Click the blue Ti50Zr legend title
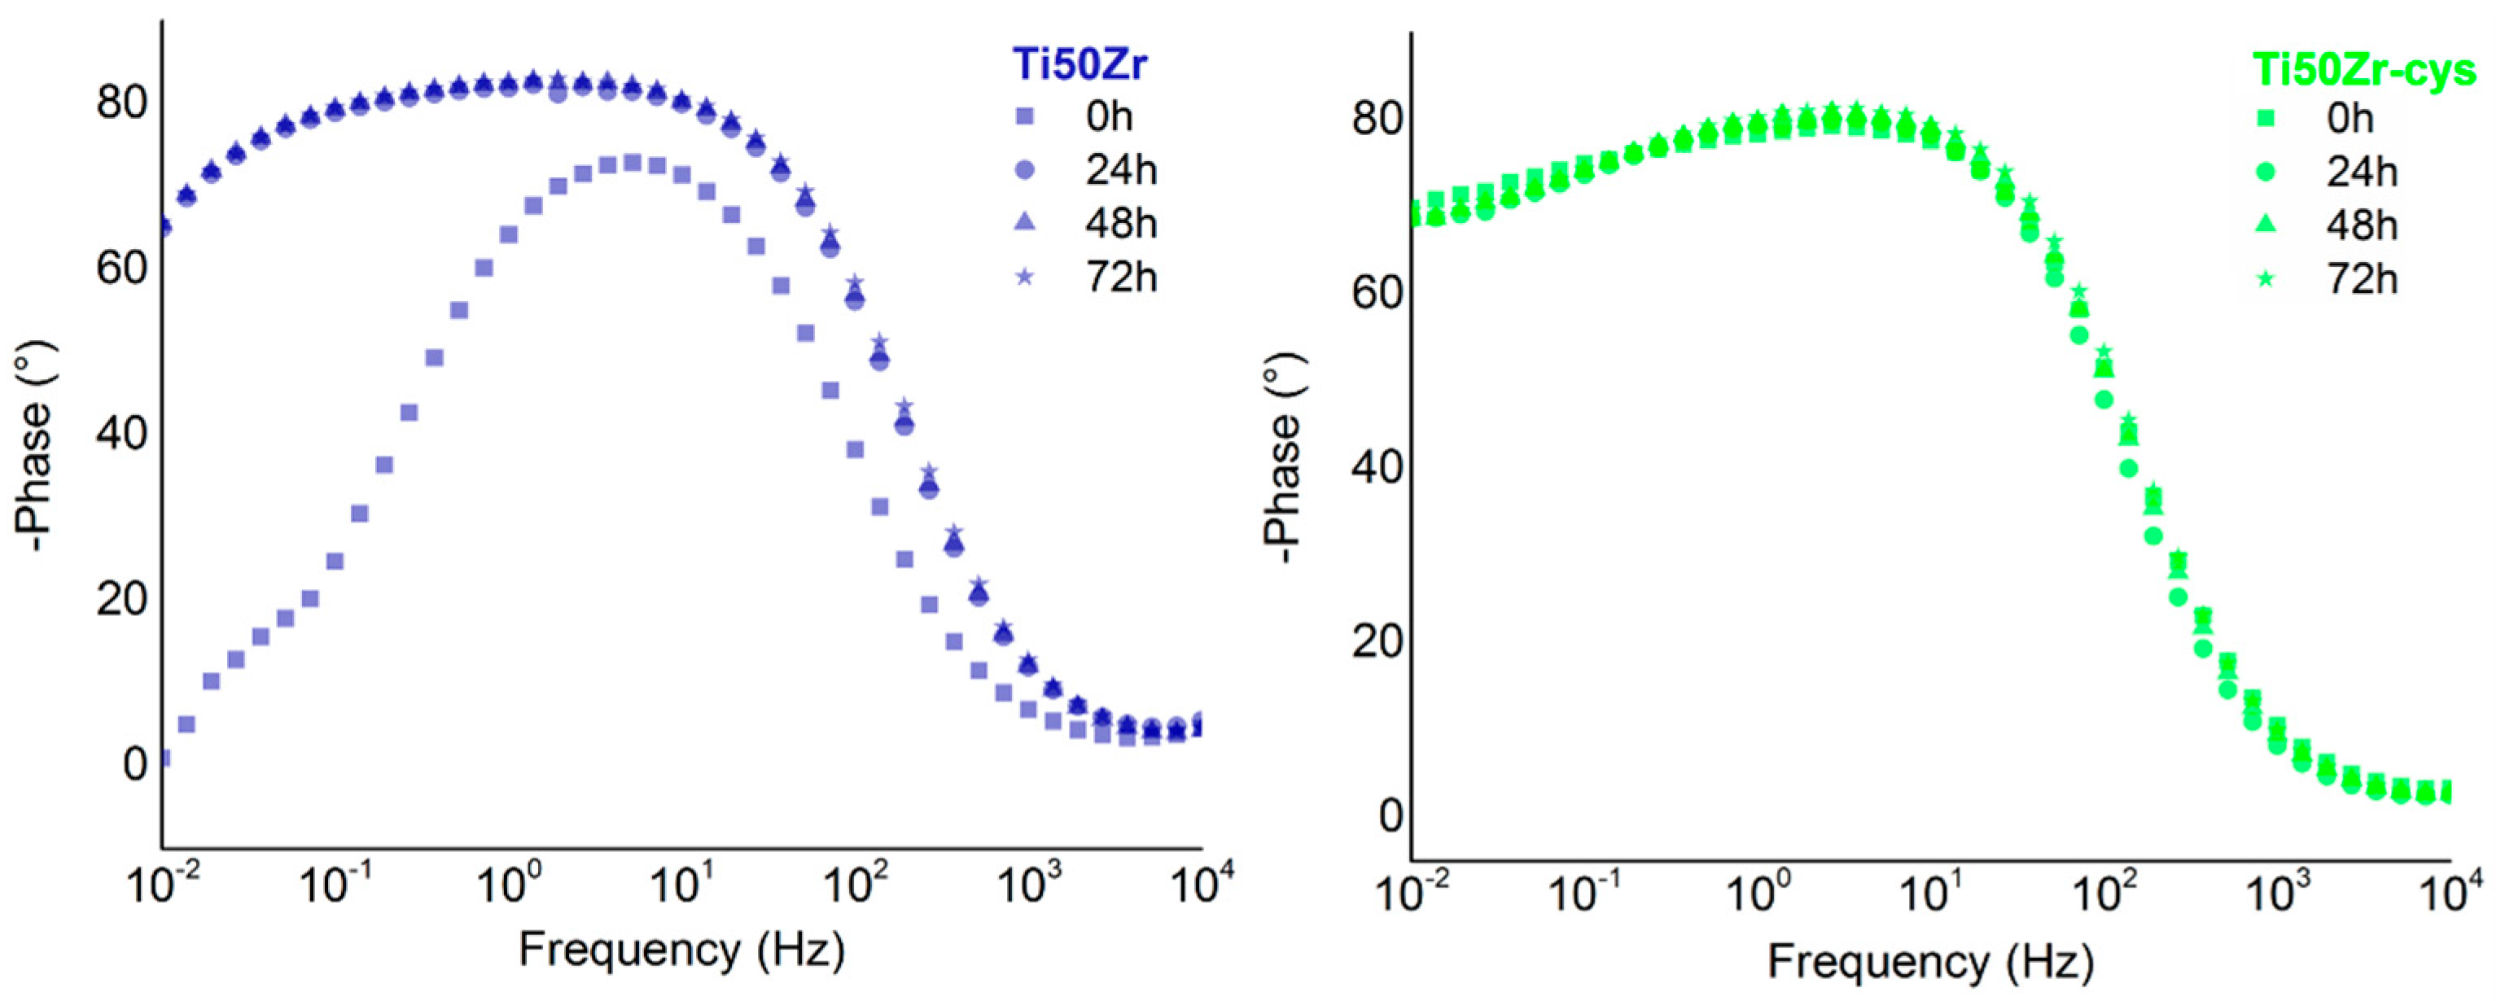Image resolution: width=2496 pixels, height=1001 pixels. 1079,65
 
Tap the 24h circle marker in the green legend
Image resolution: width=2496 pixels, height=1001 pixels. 2266,173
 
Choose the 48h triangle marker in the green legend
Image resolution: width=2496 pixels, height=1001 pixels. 2266,225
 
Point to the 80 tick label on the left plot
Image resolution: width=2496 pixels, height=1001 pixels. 122,102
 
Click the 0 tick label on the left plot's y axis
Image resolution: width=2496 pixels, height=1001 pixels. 134,764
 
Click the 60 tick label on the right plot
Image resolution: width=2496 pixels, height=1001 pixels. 1377,291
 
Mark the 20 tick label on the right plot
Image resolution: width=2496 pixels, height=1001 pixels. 1377,640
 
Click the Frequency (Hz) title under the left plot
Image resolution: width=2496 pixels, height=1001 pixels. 681,951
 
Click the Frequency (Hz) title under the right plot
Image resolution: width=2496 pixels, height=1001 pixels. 1930,962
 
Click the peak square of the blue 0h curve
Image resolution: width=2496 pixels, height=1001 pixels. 632,163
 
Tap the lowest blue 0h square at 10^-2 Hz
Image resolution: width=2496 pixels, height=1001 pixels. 164,758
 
